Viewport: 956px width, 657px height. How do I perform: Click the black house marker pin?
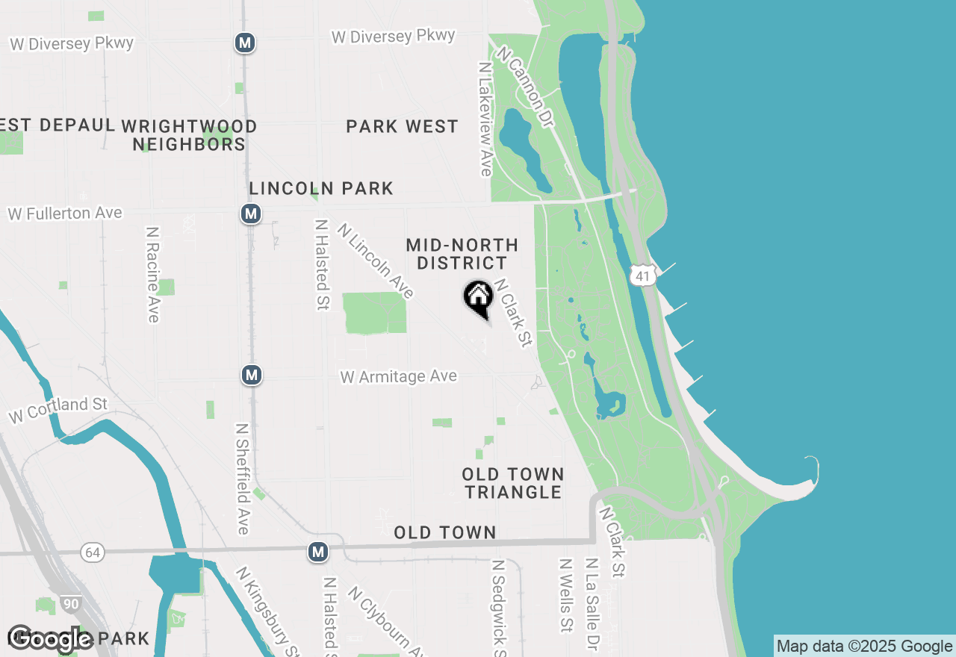(478, 298)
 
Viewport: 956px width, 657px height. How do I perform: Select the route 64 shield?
(93, 553)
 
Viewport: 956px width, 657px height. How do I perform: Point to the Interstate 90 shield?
(71, 603)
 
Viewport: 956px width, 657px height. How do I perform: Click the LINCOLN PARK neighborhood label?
(321, 188)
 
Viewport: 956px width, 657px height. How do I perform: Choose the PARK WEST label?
(402, 126)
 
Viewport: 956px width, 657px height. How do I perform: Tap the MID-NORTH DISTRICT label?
(462, 254)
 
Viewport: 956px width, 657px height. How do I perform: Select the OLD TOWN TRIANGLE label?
(512, 483)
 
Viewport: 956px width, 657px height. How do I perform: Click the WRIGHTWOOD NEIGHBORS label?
(189, 135)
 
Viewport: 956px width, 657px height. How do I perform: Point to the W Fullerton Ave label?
(65, 214)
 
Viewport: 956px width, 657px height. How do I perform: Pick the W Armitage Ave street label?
(398, 376)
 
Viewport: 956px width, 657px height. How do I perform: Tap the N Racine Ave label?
(153, 275)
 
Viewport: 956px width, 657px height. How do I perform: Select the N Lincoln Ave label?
(375, 261)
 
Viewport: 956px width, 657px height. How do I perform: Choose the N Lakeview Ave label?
(485, 119)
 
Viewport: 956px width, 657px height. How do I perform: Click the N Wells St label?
(567, 595)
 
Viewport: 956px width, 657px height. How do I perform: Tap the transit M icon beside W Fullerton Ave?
(251, 214)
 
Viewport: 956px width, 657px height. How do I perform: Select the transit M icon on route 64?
(318, 552)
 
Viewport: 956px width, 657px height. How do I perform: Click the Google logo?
(50, 638)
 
